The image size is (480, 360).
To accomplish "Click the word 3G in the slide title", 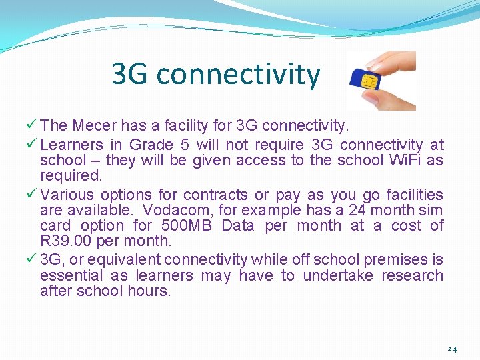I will coord(130,74).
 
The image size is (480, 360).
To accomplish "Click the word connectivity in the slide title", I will coord(238,75).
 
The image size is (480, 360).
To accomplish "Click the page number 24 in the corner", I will coord(452,349).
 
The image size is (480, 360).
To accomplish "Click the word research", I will coord(412,276).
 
